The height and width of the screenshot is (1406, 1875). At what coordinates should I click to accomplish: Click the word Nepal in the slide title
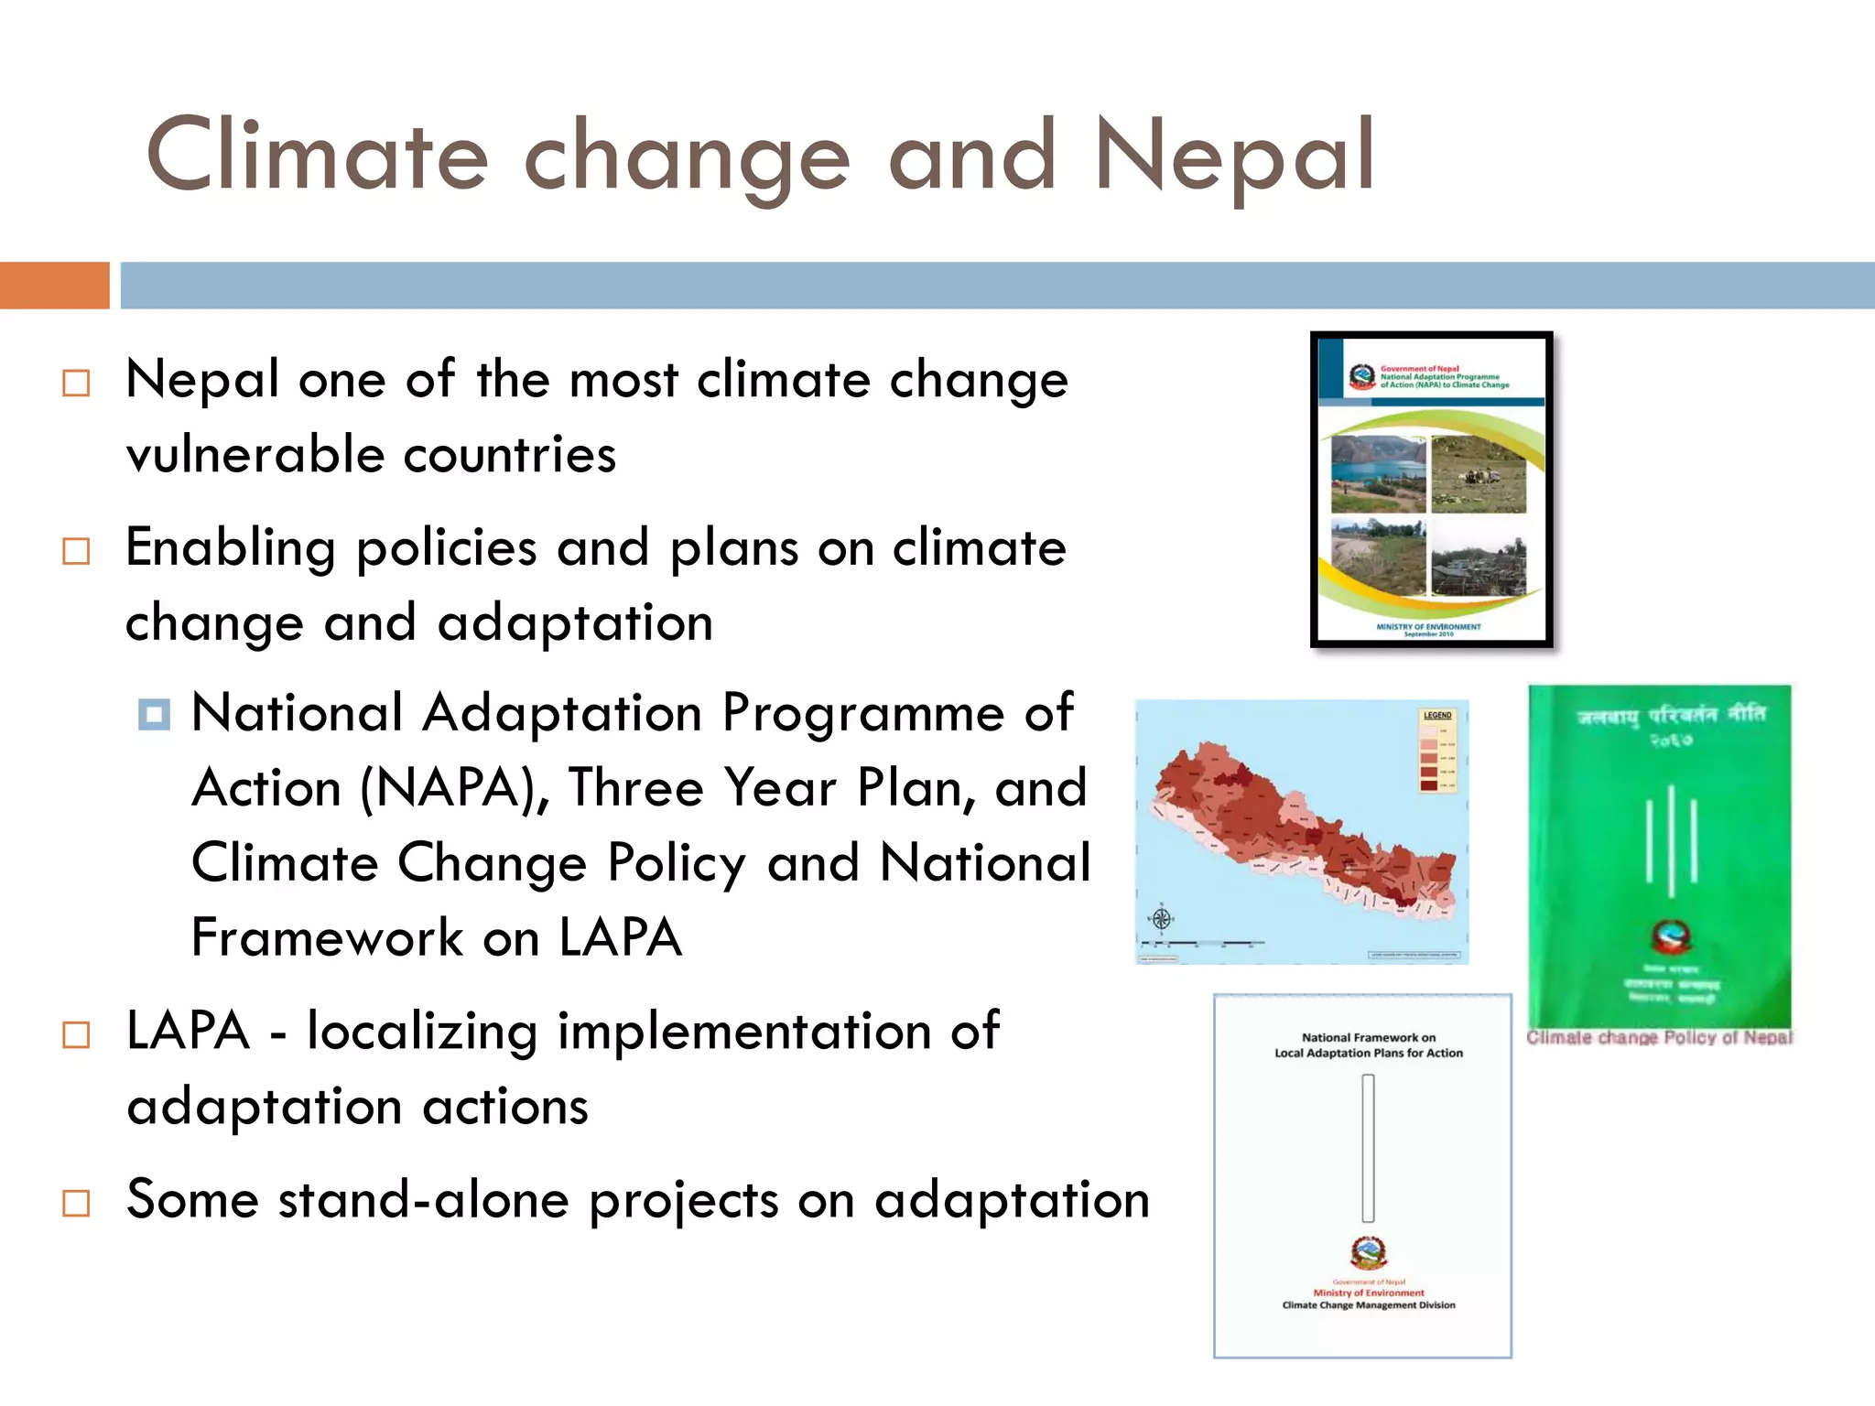point(1233,157)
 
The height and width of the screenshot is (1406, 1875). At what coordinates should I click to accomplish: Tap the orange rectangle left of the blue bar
point(54,286)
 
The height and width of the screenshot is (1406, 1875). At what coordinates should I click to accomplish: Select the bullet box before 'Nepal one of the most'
point(76,383)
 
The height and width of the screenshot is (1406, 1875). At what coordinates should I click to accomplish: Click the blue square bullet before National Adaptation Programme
point(154,714)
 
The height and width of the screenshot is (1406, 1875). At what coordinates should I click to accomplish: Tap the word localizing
point(422,1032)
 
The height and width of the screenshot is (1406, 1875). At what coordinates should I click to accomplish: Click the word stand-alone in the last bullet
point(424,1200)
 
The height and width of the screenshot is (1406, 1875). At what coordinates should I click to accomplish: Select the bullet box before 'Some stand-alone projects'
point(76,1203)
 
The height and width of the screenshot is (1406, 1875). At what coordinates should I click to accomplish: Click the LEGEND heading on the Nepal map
point(1436,715)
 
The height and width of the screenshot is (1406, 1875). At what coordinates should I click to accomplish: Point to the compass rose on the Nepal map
point(1161,917)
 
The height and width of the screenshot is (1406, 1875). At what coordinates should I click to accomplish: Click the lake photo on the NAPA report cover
point(1378,473)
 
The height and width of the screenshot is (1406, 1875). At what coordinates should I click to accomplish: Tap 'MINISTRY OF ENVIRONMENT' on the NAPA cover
point(1428,627)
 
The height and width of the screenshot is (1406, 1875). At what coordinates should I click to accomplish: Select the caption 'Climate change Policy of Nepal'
point(1658,1038)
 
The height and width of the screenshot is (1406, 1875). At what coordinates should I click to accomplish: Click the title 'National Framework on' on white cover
point(1369,1038)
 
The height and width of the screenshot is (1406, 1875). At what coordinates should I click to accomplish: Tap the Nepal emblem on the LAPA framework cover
point(1368,1252)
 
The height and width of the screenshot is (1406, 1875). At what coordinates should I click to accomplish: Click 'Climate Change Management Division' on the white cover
point(1368,1305)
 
